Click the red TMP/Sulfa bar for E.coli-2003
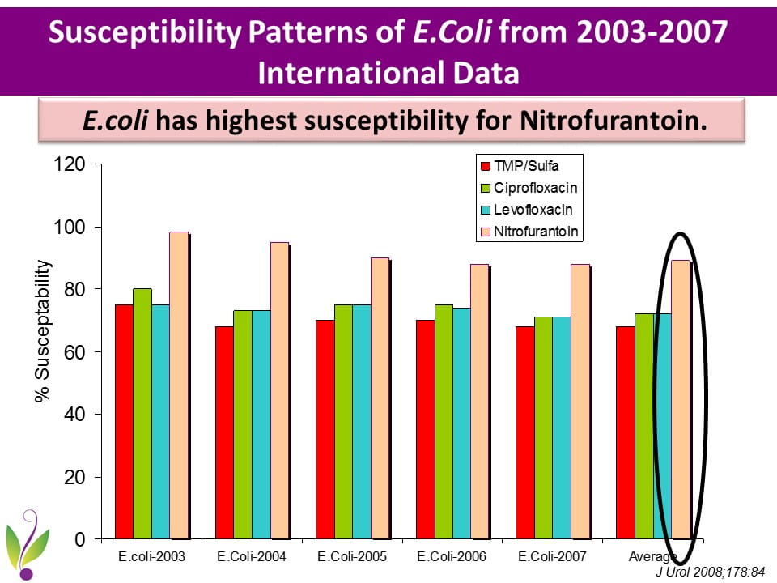coord(124,421)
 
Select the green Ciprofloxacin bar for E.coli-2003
coord(142,413)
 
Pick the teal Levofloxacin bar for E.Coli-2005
coord(361,421)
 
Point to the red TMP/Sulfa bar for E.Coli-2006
coord(425,429)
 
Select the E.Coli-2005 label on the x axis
coord(352,557)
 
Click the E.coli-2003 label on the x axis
coord(152,557)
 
